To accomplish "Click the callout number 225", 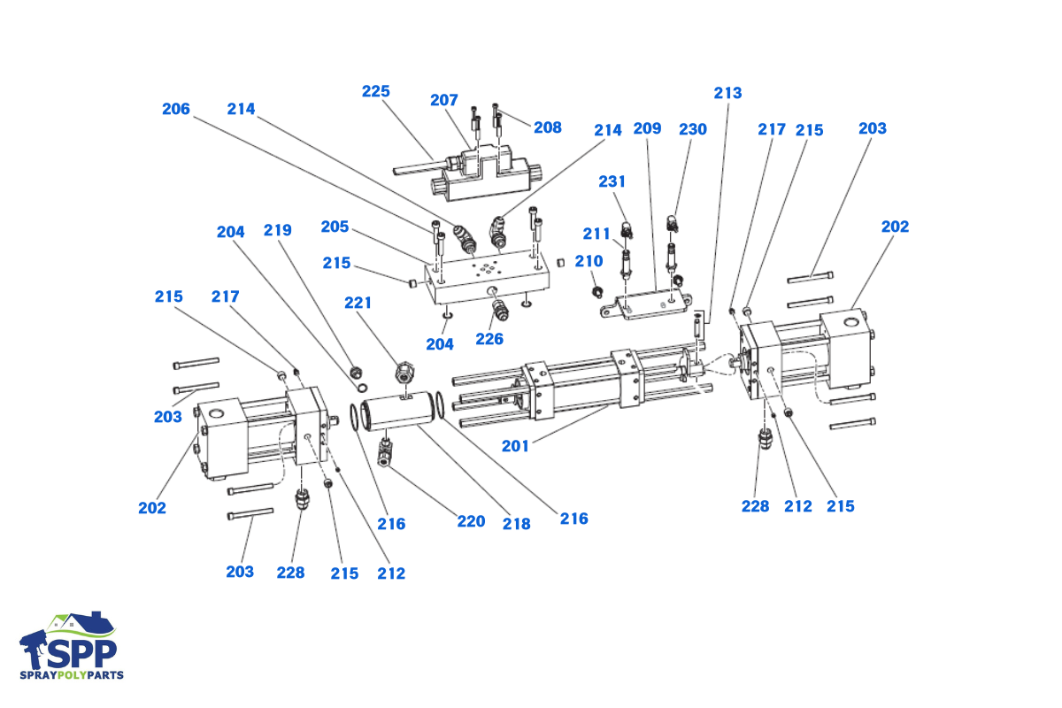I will pos(376,92).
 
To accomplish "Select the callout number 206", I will pos(176,109).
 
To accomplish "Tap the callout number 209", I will pos(647,129).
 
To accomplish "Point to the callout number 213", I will pos(728,93).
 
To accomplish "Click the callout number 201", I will pos(515,446).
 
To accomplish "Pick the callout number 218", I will pos(516,524).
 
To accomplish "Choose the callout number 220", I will pos(471,521).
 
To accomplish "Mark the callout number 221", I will pos(358,303).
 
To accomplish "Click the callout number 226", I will pos(489,338).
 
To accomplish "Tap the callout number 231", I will pos(612,181).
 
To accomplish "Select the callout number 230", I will pos(693,129).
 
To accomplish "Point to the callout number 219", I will pos(278,230).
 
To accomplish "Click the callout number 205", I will pos(335,227).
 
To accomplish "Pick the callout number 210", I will pos(589,261).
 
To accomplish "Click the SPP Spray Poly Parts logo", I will pos(72,646).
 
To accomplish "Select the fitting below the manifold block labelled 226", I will pos(501,309).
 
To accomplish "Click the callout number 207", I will pos(444,100).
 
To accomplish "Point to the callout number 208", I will pos(548,127).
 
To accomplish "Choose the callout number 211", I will pos(596,234).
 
